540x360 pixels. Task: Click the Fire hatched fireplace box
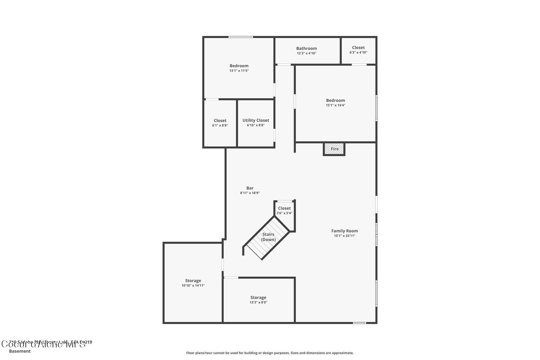334,149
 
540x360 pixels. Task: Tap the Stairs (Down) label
268,237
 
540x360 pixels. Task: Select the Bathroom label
306,48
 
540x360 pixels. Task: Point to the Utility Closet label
256,120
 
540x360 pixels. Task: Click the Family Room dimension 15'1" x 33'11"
344,236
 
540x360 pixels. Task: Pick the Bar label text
250,188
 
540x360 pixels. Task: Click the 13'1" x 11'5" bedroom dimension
239,71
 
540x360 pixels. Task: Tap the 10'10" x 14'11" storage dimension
193,286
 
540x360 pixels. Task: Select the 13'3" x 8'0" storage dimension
258,302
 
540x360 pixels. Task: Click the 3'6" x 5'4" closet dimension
284,213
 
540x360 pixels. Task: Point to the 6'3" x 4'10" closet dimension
358,52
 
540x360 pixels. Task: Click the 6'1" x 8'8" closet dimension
220,125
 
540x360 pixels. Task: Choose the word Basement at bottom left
20,351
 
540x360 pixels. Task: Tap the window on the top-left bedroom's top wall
241,37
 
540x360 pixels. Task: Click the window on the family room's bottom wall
359,323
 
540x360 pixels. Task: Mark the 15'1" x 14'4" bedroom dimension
335,105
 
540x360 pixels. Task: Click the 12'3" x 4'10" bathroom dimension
306,53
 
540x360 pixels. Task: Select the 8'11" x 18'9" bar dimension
250,193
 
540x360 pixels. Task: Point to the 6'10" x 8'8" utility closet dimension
256,125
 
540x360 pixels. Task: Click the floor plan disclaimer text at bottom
270,353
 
